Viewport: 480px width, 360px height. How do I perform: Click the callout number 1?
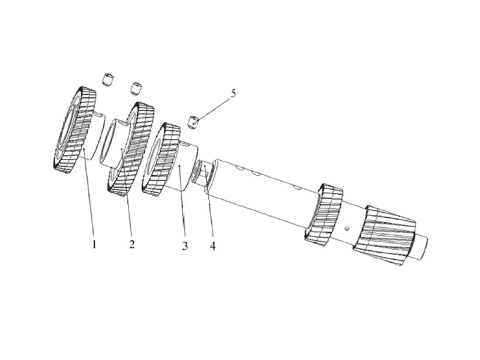[x=94, y=245]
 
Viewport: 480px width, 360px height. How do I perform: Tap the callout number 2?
[x=131, y=244]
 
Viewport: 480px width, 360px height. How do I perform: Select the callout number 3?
[x=185, y=245]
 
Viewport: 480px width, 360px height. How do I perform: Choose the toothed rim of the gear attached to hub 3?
[x=161, y=159]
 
